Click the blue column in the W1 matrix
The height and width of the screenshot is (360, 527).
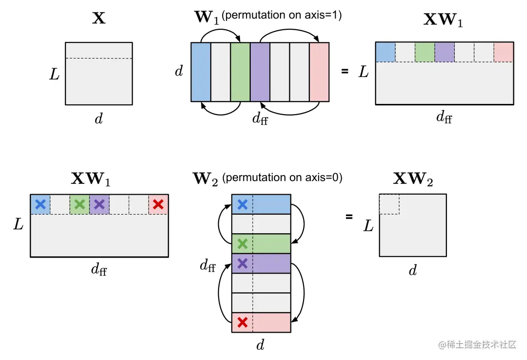tap(201, 72)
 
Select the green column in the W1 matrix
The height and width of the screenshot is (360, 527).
tap(240, 72)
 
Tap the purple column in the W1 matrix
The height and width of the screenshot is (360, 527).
tap(260, 72)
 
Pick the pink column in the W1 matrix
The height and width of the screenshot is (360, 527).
tap(320, 72)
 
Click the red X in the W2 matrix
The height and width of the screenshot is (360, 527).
tap(242, 322)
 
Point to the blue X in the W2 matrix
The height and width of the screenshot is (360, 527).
tap(242, 205)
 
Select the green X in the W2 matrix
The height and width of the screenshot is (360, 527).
tap(242, 243)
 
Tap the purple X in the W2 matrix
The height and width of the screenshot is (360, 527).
tap(242, 263)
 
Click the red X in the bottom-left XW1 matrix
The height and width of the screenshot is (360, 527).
tap(158, 204)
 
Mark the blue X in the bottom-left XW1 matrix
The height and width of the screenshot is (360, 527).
tap(41, 204)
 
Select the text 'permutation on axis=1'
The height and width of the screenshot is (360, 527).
tap(282, 16)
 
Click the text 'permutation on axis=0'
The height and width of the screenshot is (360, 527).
tap(282, 178)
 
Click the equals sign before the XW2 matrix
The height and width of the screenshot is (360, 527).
tap(349, 216)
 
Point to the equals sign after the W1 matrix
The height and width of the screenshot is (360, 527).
tap(345, 71)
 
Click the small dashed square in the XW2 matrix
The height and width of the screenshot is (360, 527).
tap(389, 204)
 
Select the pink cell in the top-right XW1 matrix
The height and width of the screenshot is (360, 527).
tap(504, 52)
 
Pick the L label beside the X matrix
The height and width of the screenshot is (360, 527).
tap(55, 75)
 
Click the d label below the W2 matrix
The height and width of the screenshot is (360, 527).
tap(261, 345)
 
